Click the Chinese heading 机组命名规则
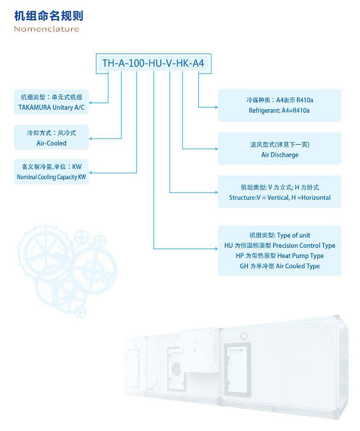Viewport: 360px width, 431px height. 49,16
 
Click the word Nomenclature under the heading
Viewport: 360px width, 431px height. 46,29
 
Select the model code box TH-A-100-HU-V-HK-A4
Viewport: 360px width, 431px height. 153,63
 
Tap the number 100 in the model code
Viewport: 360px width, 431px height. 136,63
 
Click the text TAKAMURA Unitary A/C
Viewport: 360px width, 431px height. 51,107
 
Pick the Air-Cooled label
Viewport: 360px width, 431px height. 51,143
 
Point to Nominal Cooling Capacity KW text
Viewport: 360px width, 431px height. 51,177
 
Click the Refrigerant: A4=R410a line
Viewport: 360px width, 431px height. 279,111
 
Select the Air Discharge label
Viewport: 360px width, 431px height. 280,155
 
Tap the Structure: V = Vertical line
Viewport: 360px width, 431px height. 280,198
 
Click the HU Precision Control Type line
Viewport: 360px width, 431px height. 280,246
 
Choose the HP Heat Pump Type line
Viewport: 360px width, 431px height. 280,256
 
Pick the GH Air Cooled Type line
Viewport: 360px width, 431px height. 280,266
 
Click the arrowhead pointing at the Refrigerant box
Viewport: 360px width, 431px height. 216,107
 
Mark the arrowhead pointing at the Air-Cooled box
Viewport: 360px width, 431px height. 90,139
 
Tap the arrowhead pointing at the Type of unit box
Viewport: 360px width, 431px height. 216,249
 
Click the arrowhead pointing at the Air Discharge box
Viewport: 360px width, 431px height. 216,149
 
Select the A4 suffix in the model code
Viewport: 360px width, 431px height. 198,63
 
